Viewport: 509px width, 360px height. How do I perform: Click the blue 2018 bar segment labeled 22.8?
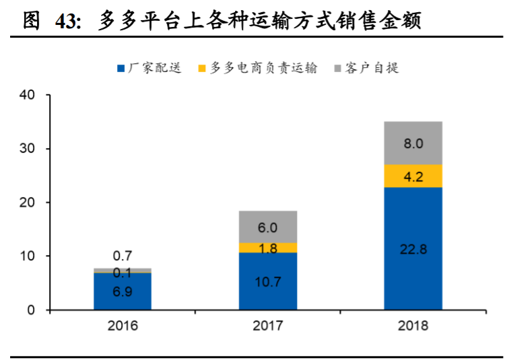click(413, 248)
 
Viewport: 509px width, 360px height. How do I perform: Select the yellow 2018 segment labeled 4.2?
click(413, 176)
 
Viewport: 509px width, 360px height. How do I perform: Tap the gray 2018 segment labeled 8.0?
click(413, 143)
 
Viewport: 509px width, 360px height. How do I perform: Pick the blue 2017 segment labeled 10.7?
click(268, 281)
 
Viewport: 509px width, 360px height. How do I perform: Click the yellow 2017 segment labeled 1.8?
click(268, 248)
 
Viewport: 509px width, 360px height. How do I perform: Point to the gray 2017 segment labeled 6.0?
click(268, 227)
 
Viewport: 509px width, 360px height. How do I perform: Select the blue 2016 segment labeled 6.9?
click(123, 291)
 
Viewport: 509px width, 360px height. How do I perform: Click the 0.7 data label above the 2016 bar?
click(123, 256)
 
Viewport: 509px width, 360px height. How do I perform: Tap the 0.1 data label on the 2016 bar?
click(123, 273)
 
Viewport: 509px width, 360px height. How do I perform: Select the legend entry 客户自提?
click(364, 68)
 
